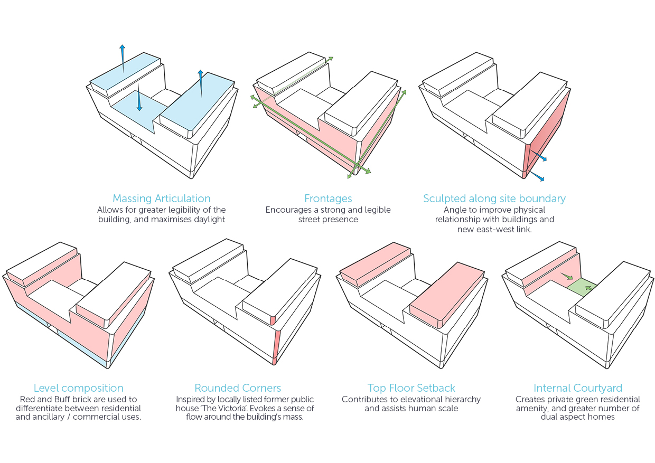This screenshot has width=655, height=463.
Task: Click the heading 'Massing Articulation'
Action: click(x=162, y=199)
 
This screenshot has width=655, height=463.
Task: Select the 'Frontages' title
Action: click(x=328, y=199)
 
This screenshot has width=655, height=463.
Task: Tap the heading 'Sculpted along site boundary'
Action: click(x=494, y=199)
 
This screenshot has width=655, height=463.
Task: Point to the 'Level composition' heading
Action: click(x=79, y=388)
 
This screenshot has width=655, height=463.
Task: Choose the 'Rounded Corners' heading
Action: click(x=238, y=388)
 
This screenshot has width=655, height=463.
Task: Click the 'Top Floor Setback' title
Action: click(x=411, y=388)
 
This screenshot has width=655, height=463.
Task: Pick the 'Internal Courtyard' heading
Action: click(x=578, y=388)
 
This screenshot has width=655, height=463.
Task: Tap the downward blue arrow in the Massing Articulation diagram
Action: click(x=139, y=100)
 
